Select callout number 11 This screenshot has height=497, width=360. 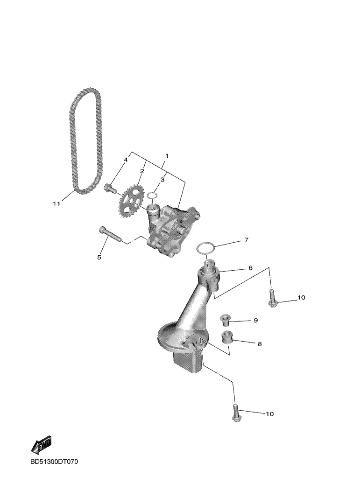click(x=56, y=204)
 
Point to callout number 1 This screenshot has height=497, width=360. click(x=167, y=155)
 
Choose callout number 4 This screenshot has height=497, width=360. click(x=125, y=160)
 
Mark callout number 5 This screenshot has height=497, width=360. click(x=99, y=257)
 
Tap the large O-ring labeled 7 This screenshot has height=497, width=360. click(x=206, y=248)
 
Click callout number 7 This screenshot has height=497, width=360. click(x=246, y=240)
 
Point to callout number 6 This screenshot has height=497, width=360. click(x=250, y=268)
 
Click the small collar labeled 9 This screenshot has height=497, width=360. click(x=226, y=320)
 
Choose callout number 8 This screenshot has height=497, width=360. click(x=259, y=344)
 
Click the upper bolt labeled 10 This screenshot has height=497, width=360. click(x=272, y=298)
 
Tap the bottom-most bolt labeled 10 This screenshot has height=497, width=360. click(x=236, y=414)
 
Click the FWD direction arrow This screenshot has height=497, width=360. click(x=41, y=445)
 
